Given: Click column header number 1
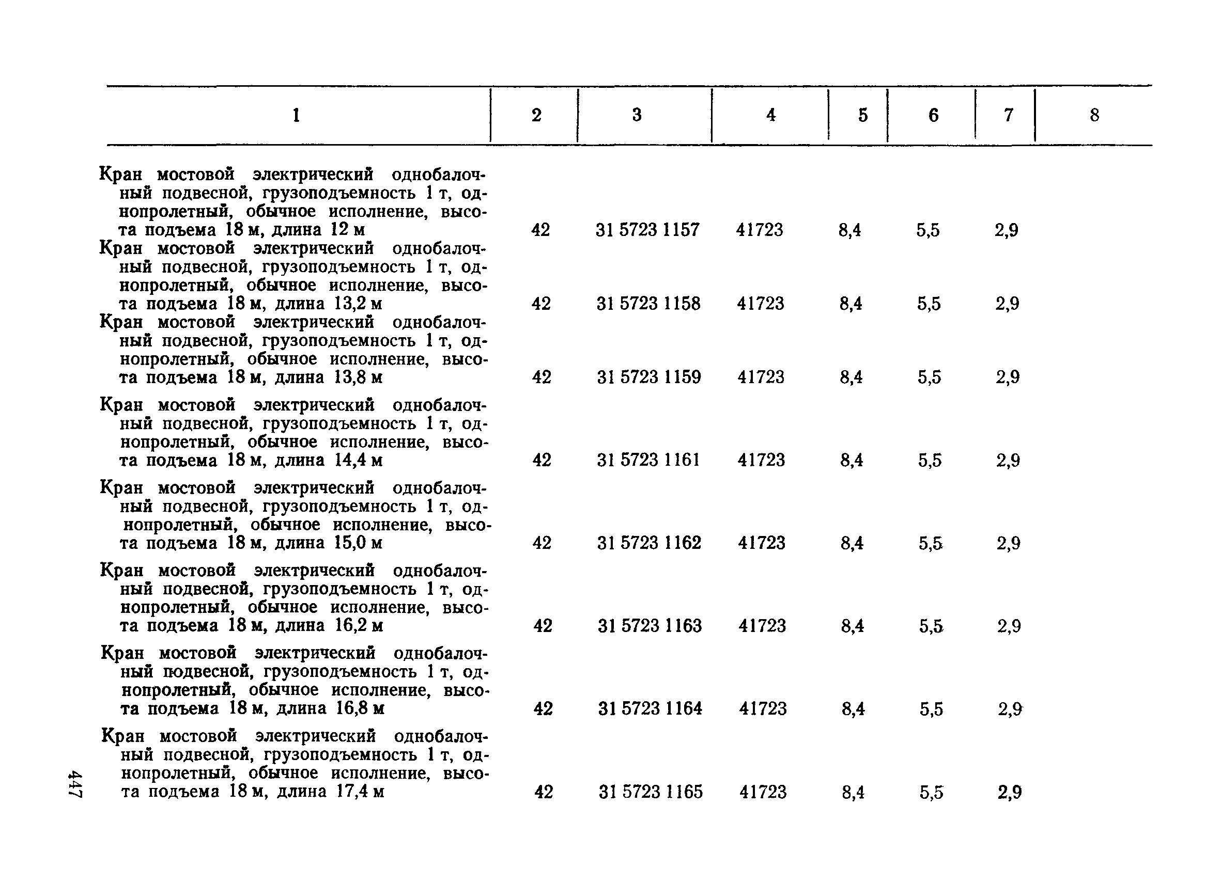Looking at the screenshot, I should click(x=296, y=115).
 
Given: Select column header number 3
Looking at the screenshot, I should click(x=637, y=115).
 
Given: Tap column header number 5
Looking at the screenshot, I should click(x=863, y=115).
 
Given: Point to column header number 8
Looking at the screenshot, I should click(x=1094, y=115).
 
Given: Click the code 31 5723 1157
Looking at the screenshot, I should click(x=647, y=230).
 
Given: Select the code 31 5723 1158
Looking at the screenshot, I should click(x=648, y=304).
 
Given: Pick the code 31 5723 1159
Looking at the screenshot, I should click(x=648, y=377).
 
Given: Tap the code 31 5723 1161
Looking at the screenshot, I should click(x=648, y=460).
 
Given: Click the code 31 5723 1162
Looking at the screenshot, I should click(x=650, y=543).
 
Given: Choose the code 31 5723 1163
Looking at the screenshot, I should click(x=650, y=626).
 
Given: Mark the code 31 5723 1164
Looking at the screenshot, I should click(x=651, y=708).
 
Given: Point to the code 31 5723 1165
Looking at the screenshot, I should click(x=651, y=792).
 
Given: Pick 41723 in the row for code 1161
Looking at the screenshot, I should click(x=761, y=460).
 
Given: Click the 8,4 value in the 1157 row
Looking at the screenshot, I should click(x=849, y=230).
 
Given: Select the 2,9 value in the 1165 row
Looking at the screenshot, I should click(x=1010, y=792).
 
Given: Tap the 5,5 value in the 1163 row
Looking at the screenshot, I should click(x=931, y=626).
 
